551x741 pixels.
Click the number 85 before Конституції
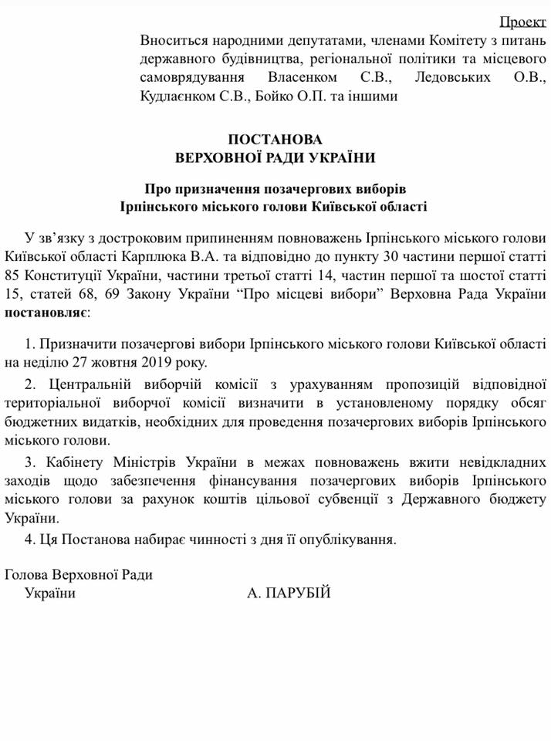click(x=15, y=276)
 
